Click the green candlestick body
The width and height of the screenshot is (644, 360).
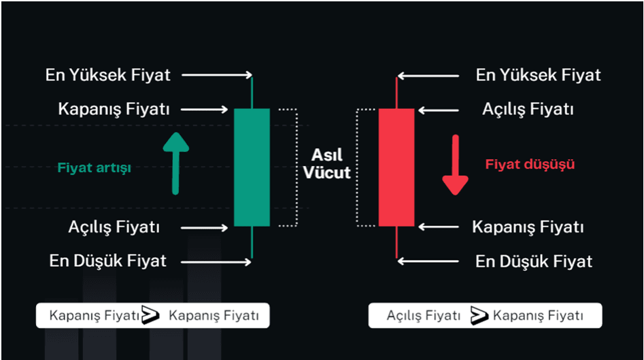click(252, 167)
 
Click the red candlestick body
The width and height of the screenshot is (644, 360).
click(396, 167)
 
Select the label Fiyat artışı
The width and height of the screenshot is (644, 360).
click(95, 169)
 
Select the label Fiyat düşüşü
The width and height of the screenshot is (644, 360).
click(530, 164)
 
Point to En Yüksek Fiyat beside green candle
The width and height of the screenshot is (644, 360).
click(107, 75)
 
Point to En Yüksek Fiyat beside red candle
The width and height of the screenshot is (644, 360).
click(538, 75)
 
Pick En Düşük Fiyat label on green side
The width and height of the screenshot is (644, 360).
click(107, 261)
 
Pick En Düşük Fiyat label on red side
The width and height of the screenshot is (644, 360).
click(533, 261)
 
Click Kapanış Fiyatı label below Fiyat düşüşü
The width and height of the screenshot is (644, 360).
click(528, 227)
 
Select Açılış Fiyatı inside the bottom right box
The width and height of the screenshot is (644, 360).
click(423, 316)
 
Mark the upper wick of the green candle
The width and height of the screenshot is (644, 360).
click(252, 92)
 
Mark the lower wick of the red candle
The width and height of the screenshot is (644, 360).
click(396, 242)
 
